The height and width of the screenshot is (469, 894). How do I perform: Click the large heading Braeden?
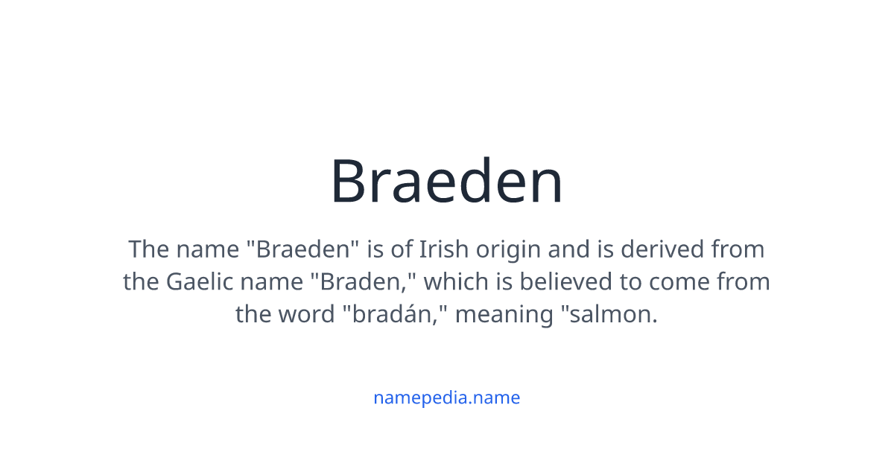[447, 182]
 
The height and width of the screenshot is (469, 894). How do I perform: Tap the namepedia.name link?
[446, 398]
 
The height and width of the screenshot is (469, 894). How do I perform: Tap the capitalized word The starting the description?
[148, 249]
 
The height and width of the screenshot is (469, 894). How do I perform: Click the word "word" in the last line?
[305, 314]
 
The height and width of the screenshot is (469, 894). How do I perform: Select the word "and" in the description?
[571, 249]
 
